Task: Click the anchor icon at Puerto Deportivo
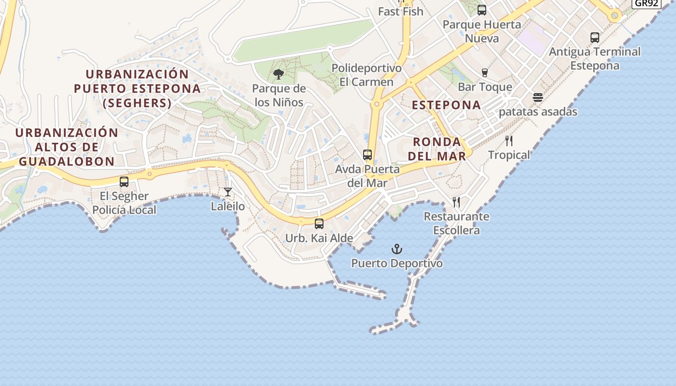coord(396,249)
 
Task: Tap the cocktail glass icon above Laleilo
coord(228,192)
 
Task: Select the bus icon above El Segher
coord(124,182)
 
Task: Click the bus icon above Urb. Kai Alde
coord(319,224)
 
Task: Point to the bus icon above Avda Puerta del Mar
coord(367,155)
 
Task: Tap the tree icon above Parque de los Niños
coord(279,74)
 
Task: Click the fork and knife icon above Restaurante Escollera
coord(456,202)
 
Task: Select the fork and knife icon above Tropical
coord(509,141)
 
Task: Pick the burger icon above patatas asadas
coord(538,97)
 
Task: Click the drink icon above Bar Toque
coord(485,73)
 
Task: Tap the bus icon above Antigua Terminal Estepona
coord(595,37)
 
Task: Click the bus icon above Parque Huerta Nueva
coord(481,10)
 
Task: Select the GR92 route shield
coord(647,3)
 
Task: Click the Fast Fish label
coord(401,12)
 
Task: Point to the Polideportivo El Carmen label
coord(366,75)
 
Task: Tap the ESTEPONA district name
coord(446,105)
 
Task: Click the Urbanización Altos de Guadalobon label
coord(67,147)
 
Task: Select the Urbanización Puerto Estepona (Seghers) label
coord(137,89)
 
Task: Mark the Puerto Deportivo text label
coord(397,263)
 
